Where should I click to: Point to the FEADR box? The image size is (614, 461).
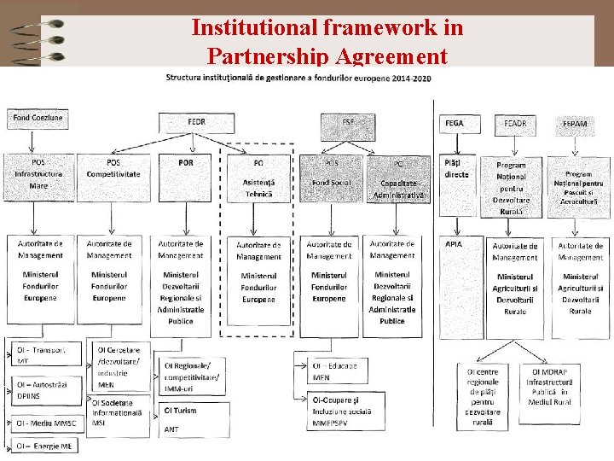click(x=515, y=125)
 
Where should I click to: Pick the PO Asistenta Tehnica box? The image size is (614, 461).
click(x=258, y=178)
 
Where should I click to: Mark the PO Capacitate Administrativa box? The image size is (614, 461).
click(x=398, y=178)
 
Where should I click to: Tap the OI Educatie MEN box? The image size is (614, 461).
click(x=334, y=371)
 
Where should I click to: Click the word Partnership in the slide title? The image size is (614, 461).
click(x=265, y=56)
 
